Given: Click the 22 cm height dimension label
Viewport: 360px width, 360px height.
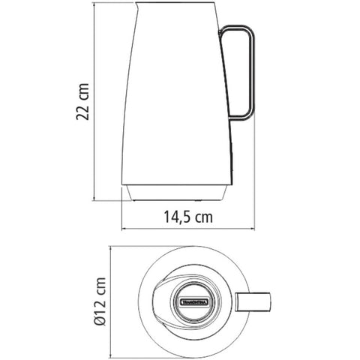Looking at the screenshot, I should (85, 101).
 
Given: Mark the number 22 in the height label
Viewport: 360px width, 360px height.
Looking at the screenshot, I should (85, 111).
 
